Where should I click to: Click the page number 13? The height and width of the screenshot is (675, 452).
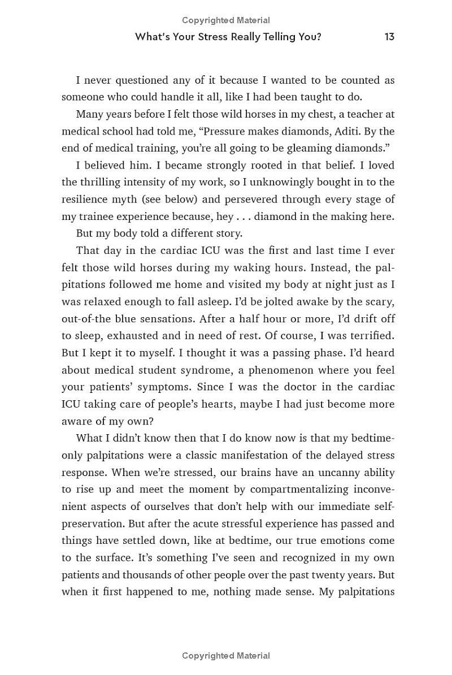click(x=389, y=37)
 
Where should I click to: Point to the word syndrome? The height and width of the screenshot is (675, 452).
click(x=216, y=370)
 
